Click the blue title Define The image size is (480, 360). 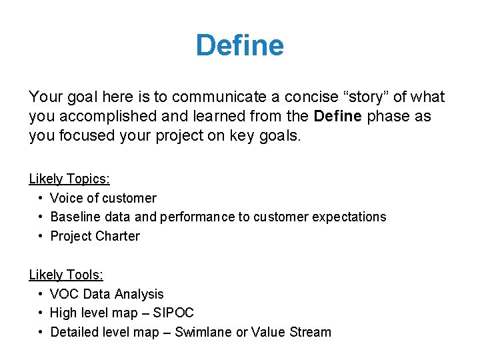pyautogui.click(x=239, y=46)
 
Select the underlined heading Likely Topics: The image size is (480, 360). pyautogui.click(x=69, y=179)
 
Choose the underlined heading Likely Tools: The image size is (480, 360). pyautogui.click(x=66, y=275)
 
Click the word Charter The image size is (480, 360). pyautogui.click(x=117, y=236)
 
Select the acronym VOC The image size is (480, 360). pyautogui.click(x=64, y=294)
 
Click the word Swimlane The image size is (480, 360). pyautogui.click(x=203, y=332)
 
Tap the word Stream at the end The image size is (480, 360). pyautogui.click(x=310, y=332)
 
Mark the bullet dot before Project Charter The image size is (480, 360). pyautogui.click(x=41, y=236)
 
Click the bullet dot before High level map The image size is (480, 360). pyautogui.click(x=41, y=313)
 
